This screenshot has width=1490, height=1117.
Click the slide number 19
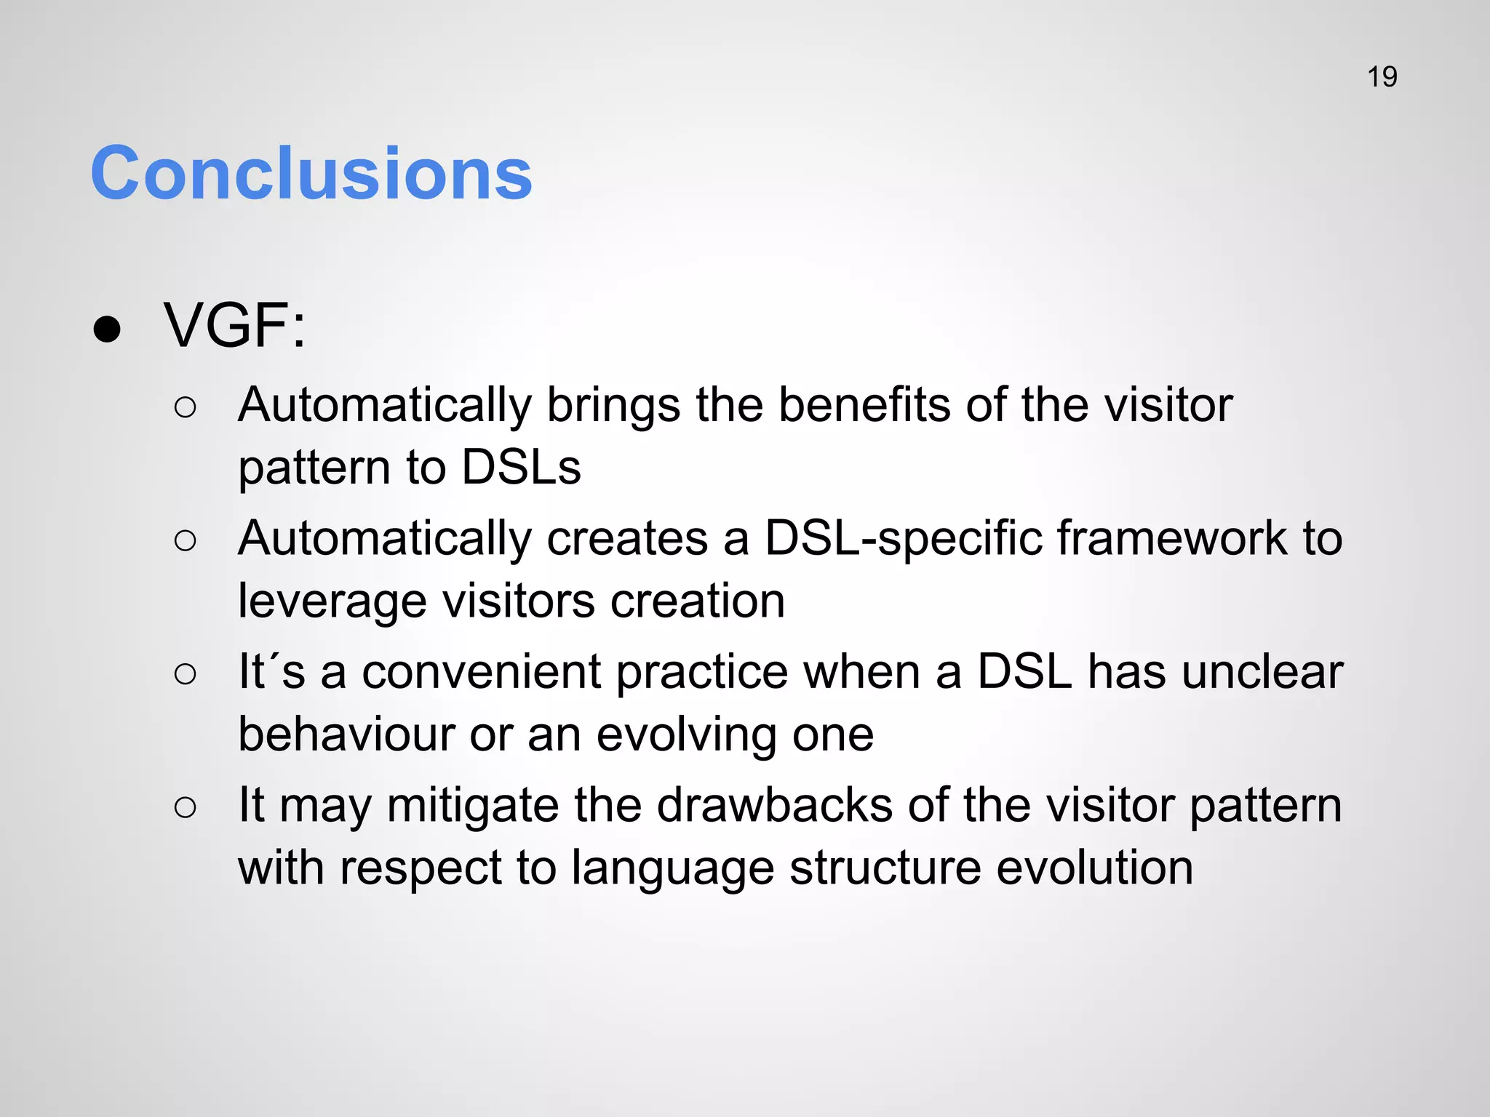(1382, 77)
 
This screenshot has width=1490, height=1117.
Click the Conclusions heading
(311, 173)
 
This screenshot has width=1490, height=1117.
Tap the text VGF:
(235, 326)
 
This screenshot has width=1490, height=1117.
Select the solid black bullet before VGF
(107, 329)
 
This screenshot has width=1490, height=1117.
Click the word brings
(613, 405)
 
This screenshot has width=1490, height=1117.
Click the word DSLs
(521, 467)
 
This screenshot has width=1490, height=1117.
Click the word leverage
(332, 602)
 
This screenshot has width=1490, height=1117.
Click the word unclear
(1262, 672)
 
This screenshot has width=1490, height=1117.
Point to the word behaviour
(346, 734)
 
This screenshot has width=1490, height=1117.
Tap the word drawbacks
(775, 805)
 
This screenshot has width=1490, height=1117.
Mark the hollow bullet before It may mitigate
(186, 808)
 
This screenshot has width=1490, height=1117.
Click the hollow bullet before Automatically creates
(186, 541)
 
